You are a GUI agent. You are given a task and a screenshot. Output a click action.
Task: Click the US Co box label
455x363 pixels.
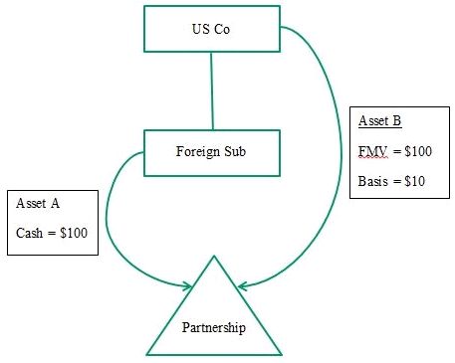[211, 29]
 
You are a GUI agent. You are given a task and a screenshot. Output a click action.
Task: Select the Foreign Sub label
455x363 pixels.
[211, 151]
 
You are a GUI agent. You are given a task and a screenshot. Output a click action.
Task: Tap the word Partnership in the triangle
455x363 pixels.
[214, 327]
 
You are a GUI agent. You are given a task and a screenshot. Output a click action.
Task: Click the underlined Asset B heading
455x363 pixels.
[380, 120]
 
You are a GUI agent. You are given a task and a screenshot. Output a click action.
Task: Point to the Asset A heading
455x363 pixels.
[38, 203]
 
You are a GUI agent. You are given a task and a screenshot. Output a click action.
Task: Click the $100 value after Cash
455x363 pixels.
[74, 233]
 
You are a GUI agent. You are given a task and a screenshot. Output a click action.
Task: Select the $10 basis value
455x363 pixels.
[415, 181]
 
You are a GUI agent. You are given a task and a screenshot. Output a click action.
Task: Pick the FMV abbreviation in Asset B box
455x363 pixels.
[372, 151]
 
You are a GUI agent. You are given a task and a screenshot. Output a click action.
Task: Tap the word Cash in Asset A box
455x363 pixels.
[29, 233]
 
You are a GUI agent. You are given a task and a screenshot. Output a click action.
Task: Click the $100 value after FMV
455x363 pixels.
[418, 151]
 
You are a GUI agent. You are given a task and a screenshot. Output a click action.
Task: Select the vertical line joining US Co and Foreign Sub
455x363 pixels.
[212, 91]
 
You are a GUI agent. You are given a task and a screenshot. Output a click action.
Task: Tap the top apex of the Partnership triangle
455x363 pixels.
[214, 256]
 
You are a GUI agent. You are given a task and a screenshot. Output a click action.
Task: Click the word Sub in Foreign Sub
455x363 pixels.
[235, 151]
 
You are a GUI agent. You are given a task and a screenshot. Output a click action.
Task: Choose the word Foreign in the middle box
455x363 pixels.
[198, 152]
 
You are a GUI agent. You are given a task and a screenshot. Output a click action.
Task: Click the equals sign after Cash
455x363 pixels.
[52, 233]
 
